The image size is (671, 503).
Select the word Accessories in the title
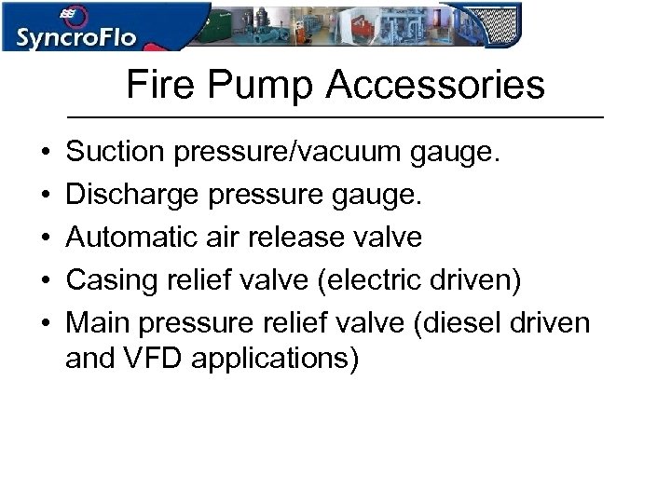pyautogui.click(x=435, y=86)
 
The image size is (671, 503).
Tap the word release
pyautogui.click(x=306, y=237)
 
